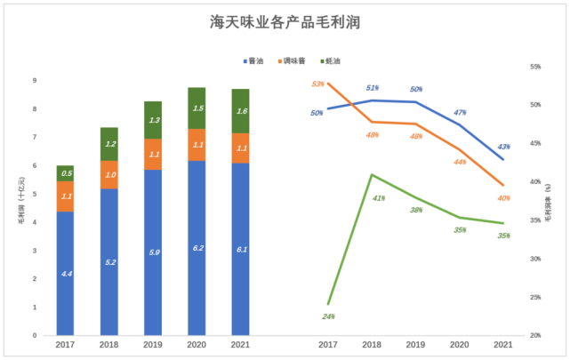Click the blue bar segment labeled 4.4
65,274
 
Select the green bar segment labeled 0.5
65,173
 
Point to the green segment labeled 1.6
240,111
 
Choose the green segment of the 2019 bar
154,120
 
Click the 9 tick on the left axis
35,81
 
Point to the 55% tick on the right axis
535,67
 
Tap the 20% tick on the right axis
535,336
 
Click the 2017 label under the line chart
328,345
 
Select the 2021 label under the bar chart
240,345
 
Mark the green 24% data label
328,316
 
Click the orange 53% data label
318,84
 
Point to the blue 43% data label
503,147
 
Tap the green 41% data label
378,197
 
